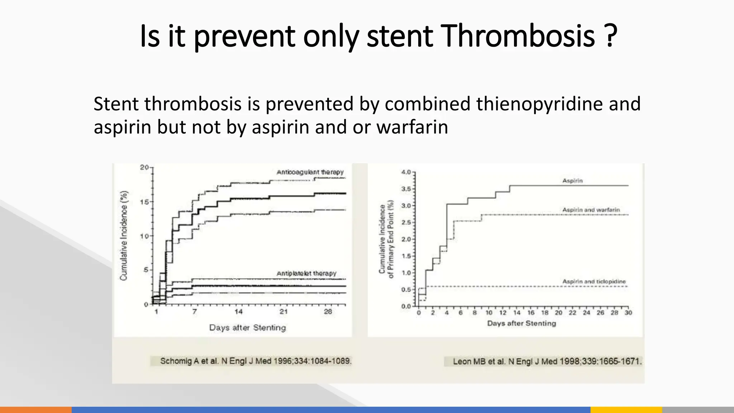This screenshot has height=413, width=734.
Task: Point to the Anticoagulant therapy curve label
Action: pyautogui.click(x=310, y=172)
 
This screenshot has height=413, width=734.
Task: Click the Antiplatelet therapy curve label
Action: pyautogui.click(x=306, y=274)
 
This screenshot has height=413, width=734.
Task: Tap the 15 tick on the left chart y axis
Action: pyautogui.click(x=144, y=202)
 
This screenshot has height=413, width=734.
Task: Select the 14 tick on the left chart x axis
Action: pyautogui.click(x=238, y=312)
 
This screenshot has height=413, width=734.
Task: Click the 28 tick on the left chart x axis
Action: pyautogui.click(x=328, y=312)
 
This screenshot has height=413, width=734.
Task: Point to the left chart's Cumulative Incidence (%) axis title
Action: pyautogui.click(x=124, y=236)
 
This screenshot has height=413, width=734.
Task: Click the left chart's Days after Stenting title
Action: pyautogui.click(x=248, y=328)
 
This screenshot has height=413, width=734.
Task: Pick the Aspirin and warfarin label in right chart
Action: pyautogui.click(x=591, y=210)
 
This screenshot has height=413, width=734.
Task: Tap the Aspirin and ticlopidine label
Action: pyautogui.click(x=594, y=282)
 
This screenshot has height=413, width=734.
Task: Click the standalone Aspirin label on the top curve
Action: pyautogui.click(x=572, y=181)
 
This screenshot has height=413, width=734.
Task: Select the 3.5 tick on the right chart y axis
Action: pyautogui.click(x=406, y=189)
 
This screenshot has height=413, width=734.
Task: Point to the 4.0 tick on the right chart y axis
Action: pyautogui.click(x=406, y=172)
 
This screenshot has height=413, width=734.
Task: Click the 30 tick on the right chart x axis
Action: pyautogui.click(x=628, y=313)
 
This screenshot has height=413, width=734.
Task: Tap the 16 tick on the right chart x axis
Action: pyautogui.click(x=531, y=313)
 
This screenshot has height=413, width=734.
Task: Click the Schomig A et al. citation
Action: pyautogui.click(x=256, y=361)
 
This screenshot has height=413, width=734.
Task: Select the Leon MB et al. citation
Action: pyautogui.click(x=547, y=361)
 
